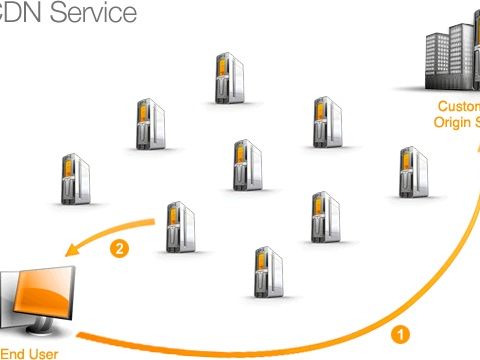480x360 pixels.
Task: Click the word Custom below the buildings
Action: tap(461, 105)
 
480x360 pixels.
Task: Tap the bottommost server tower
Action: tap(268, 272)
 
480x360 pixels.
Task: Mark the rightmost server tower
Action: tap(412, 172)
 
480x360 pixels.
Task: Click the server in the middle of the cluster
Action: tap(246, 164)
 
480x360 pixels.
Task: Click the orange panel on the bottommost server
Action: tap(264, 264)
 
